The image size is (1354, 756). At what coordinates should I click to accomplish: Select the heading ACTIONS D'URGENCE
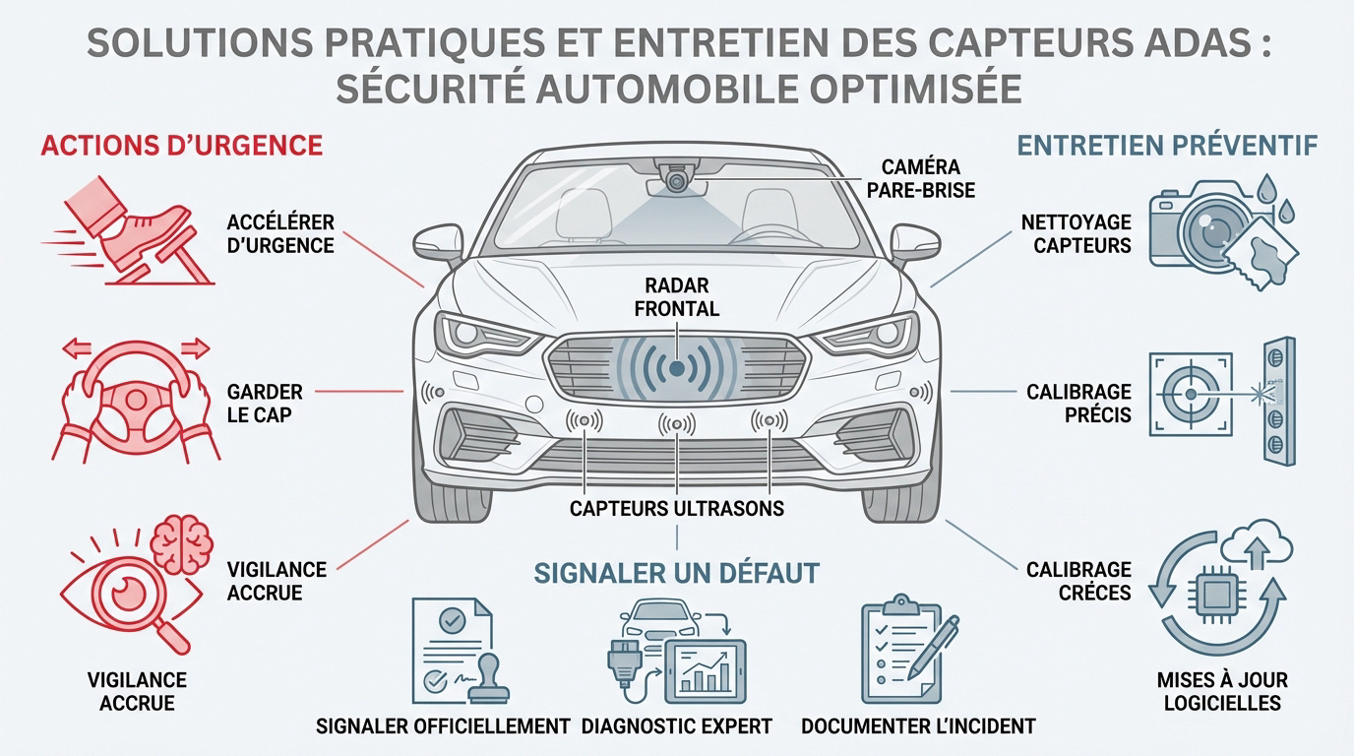(x=181, y=146)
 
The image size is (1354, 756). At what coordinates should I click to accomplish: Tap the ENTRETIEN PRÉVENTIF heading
(x=1166, y=146)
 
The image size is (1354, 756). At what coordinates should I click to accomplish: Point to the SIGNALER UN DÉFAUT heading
(x=677, y=572)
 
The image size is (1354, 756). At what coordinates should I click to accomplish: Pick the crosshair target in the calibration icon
(x=1190, y=394)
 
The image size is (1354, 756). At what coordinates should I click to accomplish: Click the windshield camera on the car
(x=676, y=180)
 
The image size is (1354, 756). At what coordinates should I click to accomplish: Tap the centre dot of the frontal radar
(x=677, y=368)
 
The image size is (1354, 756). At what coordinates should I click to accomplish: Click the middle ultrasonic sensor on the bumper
(x=677, y=424)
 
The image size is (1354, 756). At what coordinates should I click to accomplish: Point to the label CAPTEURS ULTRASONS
(x=677, y=509)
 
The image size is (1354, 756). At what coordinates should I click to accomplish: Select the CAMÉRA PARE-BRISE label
(x=921, y=178)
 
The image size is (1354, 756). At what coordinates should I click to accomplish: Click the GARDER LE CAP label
(x=264, y=404)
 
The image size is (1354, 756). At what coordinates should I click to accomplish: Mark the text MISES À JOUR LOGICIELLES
(x=1222, y=691)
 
